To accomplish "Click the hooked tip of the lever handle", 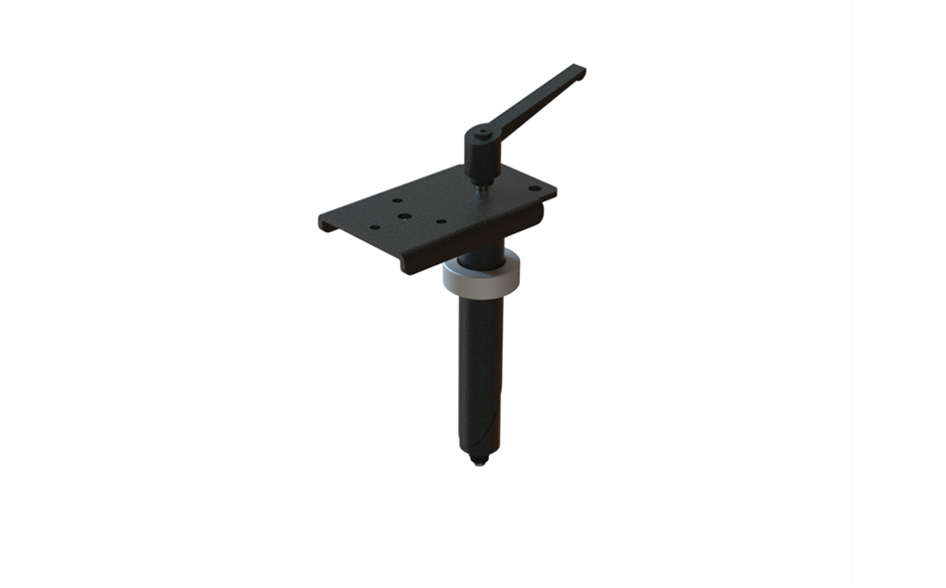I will coord(580,72).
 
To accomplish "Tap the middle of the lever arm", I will coord(538,101).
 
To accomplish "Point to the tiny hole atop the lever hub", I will coord(481,130).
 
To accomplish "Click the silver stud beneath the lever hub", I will coord(482,182).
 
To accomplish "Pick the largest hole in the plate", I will coord(402,214).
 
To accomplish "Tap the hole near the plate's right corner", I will coord(534,188).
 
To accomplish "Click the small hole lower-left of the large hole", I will coord(374,227).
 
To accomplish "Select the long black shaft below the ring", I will coord(480,369).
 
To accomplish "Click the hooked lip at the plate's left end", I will coord(326,224).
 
